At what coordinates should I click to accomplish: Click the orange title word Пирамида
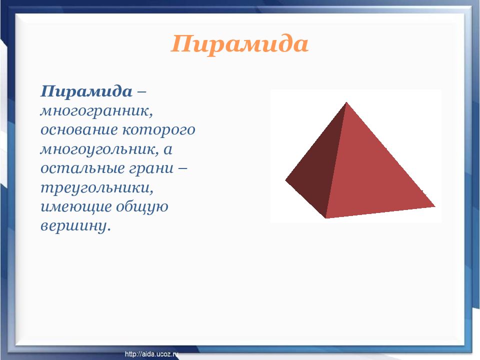coord(239,44)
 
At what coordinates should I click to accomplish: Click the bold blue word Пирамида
coord(86,91)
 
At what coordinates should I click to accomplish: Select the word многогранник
coord(96,111)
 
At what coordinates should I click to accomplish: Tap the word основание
coord(79,129)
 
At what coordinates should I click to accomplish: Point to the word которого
coord(159,129)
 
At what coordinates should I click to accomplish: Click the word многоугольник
coord(99,149)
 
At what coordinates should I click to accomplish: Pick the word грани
coord(151,168)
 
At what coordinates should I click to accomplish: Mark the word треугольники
coord(96,188)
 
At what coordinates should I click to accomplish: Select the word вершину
coord(75,226)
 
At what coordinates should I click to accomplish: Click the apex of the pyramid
coord(346,102)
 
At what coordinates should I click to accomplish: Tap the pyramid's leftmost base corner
coord(285,180)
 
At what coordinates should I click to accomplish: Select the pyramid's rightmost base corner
coord(435,206)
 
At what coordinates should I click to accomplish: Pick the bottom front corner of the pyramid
coord(325,218)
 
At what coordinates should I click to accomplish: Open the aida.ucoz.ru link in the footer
coord(151,354)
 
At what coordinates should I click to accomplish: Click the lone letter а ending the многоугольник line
coord(168,149)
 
